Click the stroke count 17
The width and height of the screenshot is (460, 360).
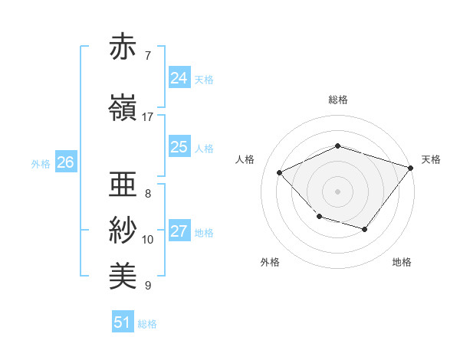(x=148, y=116)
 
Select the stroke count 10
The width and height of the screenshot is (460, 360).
(x=148, y=240)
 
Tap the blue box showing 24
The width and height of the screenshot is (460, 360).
(x=179, y=77)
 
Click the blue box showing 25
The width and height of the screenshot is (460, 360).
(x=179, y=147)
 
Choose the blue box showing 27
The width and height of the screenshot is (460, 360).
(x=179, y=231)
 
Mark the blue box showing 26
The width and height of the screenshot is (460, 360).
(x=65, y=162)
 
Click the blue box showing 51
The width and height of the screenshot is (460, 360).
(x=122, y=322)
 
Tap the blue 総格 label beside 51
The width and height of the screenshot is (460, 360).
(x=147, y=324)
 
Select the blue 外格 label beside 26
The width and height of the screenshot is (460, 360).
(x=41, y=163)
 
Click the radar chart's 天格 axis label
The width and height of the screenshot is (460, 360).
(x=431, y=159)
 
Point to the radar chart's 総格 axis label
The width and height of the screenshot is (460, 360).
(x=337, y=100)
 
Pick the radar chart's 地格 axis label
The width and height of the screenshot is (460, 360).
(x=402, y=262)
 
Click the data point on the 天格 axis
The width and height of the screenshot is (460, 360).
(x=411, y=167)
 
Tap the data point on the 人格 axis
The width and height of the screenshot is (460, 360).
(x=280, y=172)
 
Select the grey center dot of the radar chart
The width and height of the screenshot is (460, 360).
(x=337, y=191)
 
